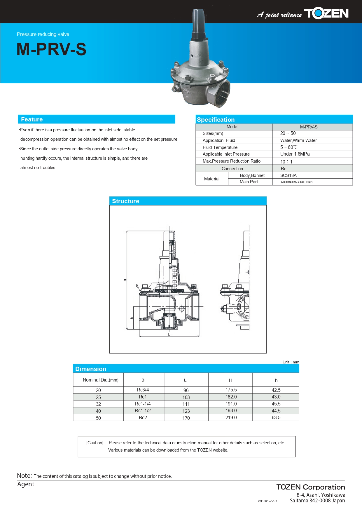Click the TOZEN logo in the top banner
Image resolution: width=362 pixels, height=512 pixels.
pyautogui.click(x=326, y=13)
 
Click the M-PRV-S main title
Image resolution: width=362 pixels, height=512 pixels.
pyautogui.click(x=51, y=49)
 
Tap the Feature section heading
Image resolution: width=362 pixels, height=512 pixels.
pyautogui.click(x=32, y=119)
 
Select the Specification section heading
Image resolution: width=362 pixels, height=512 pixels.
pyautogui.click(x=216, y=120)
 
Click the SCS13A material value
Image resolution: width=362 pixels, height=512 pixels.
pyautogui.click(x=288, y=175)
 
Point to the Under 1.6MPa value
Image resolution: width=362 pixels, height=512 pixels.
pyautogui.click(x=295, y=154)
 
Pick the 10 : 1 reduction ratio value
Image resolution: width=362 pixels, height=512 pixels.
pyautogui.click(x=286, y=162)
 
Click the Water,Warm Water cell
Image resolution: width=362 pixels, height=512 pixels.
pyautogui.click(x=298, y=140)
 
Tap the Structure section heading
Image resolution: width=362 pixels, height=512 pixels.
pyautogui.click(x=125, y=201)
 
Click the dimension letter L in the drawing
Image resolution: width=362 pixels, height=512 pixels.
pyautogui.click(x=169, y=334)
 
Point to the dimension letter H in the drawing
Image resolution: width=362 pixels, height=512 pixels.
pyautogui.click(x=125, y=280)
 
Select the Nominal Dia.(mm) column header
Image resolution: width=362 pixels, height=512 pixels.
pyautogui.click(x=100, y=380)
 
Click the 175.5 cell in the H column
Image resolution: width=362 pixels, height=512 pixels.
pyautogui.click(x=231, y=390)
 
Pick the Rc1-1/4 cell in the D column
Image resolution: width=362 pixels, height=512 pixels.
pyautogui.click(x=143, y=404)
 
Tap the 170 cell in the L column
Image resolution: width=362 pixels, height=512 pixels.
pyautogui.click(x=186, y=418)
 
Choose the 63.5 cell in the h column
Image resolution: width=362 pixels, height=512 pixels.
pyautogui.click(x=276, y=418)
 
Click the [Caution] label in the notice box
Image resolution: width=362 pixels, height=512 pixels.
pyautogui.click(x=95, y=443)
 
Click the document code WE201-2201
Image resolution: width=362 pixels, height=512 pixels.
pyautogui.click(x=267, y=501)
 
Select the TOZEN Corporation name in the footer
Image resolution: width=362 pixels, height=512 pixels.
pyautogui.click(x=311, y=487)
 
